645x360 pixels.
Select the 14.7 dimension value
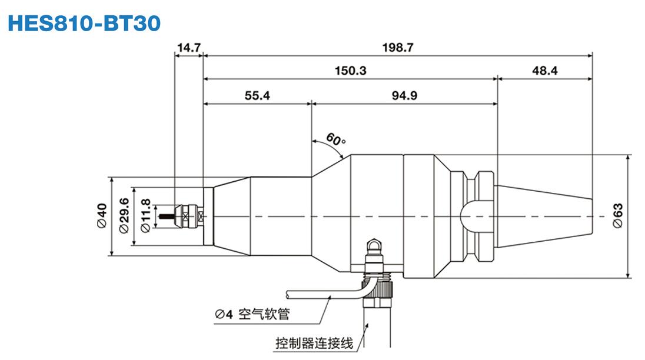tap(189, 48)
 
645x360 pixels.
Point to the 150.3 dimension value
tap(350, 71)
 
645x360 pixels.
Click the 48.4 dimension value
tap(545, 71)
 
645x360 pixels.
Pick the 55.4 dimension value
tap(257, 95)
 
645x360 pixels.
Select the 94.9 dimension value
tap(404, 95)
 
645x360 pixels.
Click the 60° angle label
tap(336, 140)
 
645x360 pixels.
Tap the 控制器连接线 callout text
tap(314, 342)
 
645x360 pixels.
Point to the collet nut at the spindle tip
tap(191, 216)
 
